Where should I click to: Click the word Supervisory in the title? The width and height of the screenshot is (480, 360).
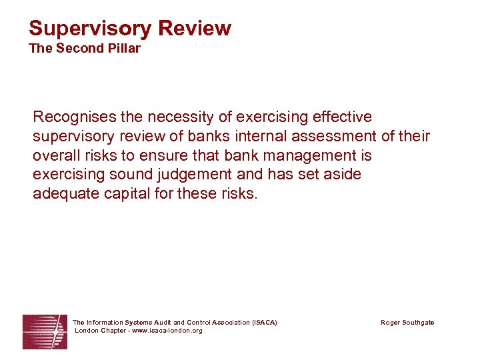89,29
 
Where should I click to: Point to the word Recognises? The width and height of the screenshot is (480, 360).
75,117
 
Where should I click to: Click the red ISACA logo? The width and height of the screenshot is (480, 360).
45,331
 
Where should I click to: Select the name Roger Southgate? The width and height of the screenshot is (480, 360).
407,323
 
